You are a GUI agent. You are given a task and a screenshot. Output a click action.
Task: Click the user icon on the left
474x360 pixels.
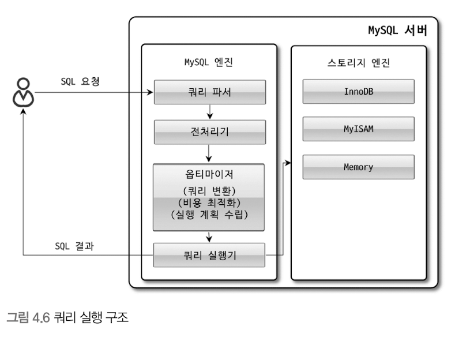tap(23, 92)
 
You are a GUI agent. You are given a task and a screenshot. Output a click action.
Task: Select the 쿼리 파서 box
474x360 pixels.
tap(209, 92)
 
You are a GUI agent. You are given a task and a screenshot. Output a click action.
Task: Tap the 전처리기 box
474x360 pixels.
tap(209, 132)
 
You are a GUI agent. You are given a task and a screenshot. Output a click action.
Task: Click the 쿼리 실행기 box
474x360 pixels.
tap(209, 255)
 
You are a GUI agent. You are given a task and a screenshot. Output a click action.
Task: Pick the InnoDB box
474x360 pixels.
tap(358, 91)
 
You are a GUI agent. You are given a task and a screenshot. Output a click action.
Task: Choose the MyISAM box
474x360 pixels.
tap(358, 129)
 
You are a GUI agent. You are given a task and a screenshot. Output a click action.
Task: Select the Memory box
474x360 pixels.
tap(358, 167)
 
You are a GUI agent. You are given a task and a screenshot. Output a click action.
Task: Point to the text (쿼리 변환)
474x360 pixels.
tap(209, 190)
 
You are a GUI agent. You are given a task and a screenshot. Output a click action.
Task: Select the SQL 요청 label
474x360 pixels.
tap(80, 81)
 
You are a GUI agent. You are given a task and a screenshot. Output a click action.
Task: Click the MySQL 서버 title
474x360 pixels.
tap(398, 30)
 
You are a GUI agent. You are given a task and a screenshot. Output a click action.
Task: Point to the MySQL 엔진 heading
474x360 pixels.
tap(209, 62)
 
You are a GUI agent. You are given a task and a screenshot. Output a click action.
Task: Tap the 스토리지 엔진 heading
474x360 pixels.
tap(358, 62)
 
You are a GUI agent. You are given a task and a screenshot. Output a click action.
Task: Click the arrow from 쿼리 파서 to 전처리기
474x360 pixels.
tap(209, 111)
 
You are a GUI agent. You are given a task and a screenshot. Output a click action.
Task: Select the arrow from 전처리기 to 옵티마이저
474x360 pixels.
tap(209, 153)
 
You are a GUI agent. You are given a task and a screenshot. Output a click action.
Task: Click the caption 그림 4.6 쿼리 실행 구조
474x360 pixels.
tap(67, 317)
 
